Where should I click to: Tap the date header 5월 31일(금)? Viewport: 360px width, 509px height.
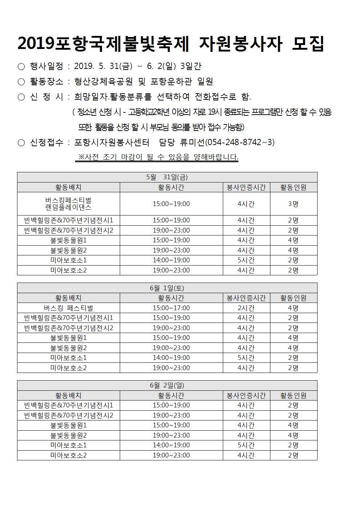click(x=167, y=177)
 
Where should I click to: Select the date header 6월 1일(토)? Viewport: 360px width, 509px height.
click(x=167, y=288)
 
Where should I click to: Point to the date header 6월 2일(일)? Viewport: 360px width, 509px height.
click(x=167, y=386)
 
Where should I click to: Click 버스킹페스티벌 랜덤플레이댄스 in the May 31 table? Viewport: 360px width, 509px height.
click(x=68, y=204)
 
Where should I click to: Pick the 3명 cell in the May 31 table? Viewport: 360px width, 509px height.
click(x=293, y=204)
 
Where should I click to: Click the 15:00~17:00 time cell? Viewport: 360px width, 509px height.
click(x=171, y=308)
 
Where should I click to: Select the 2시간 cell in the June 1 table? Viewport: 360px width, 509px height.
click(x=246, y=308)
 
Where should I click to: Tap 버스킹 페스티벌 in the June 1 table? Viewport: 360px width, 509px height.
click(x=68, y=308)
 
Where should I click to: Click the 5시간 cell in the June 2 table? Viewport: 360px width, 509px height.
click(x=246, y=445)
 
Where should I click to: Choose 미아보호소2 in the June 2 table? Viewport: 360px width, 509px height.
click(x=68, y=455)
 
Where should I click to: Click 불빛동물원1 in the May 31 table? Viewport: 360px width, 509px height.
click(x=68, y=240)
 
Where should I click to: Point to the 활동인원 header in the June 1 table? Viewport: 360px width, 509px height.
click(x=293, y=298)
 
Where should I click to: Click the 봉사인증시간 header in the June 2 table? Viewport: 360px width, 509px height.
click(x=246, y=395)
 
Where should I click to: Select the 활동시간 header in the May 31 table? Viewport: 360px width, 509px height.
click(x=171, y=187)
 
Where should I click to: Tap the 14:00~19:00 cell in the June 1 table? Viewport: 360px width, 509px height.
click(x=171, y=358)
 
